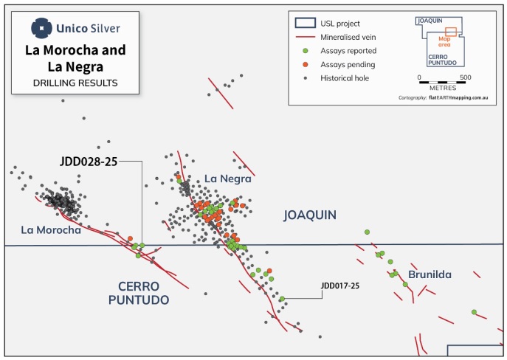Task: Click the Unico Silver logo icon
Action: pyautogui.click(x=41, y=28)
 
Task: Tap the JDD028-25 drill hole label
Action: pyautogui.click(x=89, y=162)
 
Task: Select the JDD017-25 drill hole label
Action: pyautogui.click(x=339, y=285)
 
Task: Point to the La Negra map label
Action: pyautogui.click(x=228, y=179)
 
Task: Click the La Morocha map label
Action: pyautogui.click(x=51, y=229)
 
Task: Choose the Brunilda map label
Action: pyautogui.click(x=430, y=274)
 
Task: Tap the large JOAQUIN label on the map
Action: pyautogui.click(x=310, y=215)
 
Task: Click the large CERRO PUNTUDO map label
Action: pyautogui.click(x=139, y=293)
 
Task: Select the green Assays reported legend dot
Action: pyautogui.click(x=305, y=51)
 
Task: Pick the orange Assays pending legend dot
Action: pyautogui.click(x=305, y=65)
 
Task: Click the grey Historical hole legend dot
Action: pyautogui.click(x=306, y=78)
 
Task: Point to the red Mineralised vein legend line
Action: pyautogui.click(x=306, y=37)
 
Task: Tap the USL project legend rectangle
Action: pyautogui.click(x=306, y=23)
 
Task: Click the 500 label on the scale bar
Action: pyautogui.click(x=466, y=77)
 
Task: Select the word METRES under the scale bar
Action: pyautogui.click(x=443, y=88)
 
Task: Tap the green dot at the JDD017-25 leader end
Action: pyautogui.click(x=282, y=299)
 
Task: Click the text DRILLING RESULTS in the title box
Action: pyautogui.click(x=75, y=83)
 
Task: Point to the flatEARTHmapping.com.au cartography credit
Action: pyautogui.click(x=458, y=97)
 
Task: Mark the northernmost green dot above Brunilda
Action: pyautogui.click(x=367, y=232)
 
